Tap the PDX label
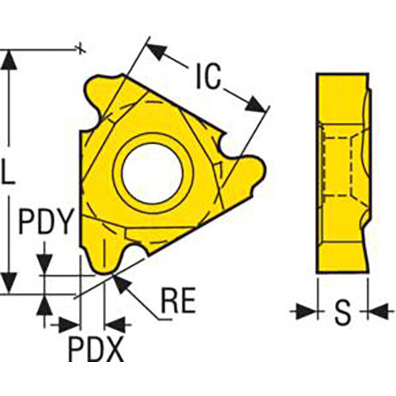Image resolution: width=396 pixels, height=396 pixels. coord(95,349)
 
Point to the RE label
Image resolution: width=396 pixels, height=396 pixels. coord(179,303)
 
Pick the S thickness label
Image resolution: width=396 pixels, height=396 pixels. coord(342,313)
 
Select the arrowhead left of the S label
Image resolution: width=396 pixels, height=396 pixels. coord(306,312)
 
